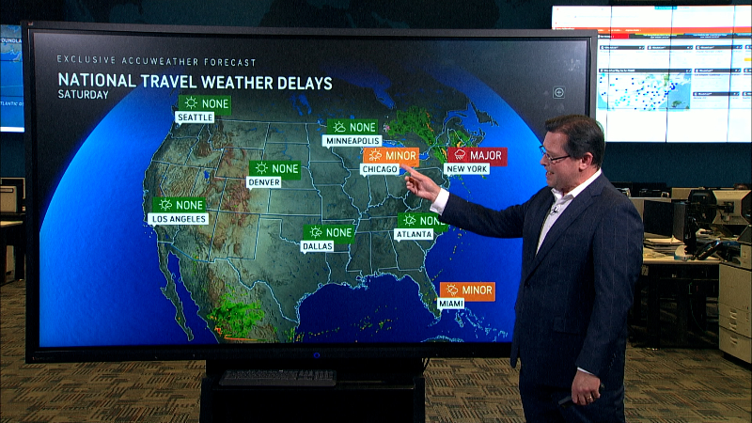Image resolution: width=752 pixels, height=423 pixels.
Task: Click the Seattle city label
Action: [x=195, y=117]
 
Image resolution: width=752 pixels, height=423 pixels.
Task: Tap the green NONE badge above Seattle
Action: [x=204, y=102]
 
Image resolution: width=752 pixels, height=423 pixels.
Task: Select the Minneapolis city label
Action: [x=351, y=141]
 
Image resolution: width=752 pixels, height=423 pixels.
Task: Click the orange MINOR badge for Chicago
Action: [x=392, y=155]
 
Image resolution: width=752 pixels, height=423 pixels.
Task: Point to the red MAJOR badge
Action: [x=476, y=155]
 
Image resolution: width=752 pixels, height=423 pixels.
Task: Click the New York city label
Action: [x=466, y=169]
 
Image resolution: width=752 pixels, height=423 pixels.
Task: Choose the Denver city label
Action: [x=263, y=182]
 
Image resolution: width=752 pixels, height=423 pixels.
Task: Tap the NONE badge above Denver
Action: [x=274, y=168]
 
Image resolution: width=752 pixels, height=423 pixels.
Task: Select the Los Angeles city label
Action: [x=178, y=218]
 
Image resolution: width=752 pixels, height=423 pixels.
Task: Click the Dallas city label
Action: [x=316, y=246]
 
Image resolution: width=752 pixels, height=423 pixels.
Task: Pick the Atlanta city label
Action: [x=413, y=235]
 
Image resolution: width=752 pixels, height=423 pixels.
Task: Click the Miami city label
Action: [x=451, y=305]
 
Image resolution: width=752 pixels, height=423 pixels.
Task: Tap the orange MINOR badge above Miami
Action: [x=466, y=290]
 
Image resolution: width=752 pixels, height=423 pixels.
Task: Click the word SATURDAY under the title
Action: [x=83, y=94]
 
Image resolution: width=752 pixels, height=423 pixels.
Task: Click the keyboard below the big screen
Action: [x=277, y=377]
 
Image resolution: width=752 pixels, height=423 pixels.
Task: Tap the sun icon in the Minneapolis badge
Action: [x=339, y=127]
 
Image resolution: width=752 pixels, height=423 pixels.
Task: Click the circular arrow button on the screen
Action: [x=558, y=92]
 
